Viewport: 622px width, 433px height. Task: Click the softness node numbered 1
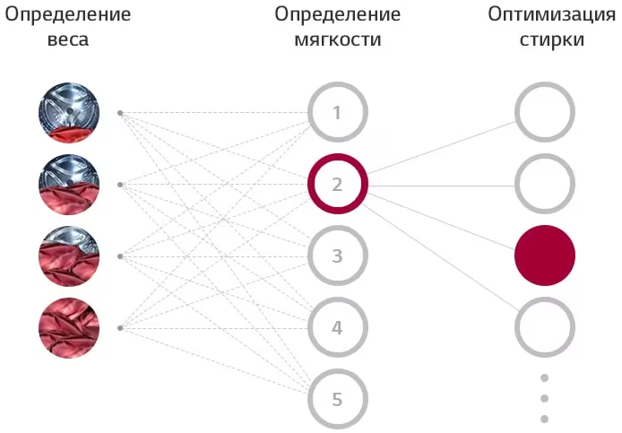point(310,112)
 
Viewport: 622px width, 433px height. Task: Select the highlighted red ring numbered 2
point(310,184)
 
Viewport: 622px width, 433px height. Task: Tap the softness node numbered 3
point(310,255)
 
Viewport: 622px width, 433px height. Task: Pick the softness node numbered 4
point(310,327)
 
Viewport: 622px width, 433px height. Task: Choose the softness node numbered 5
point(310,399)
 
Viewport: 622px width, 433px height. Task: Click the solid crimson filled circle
point(545,255)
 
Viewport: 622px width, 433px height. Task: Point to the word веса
point(68,40)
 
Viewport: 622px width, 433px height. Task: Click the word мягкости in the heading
point(338,40)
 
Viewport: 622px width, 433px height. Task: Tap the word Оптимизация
point(552,15)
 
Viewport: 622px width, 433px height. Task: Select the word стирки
point(552,40)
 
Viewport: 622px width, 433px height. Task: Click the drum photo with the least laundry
point(69,113)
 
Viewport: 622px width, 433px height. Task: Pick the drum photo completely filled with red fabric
point(69,328)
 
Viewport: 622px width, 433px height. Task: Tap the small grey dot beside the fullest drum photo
point(120,328)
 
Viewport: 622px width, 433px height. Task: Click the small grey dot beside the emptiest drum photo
point(120,113)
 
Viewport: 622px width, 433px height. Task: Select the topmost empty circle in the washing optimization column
point(517,112)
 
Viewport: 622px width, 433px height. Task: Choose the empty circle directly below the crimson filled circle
point(517,327)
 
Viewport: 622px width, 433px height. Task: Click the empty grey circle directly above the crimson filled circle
point(517,184)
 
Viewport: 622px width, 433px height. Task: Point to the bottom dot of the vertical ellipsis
point(545,419)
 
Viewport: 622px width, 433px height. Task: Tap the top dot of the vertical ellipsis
point(545,377)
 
